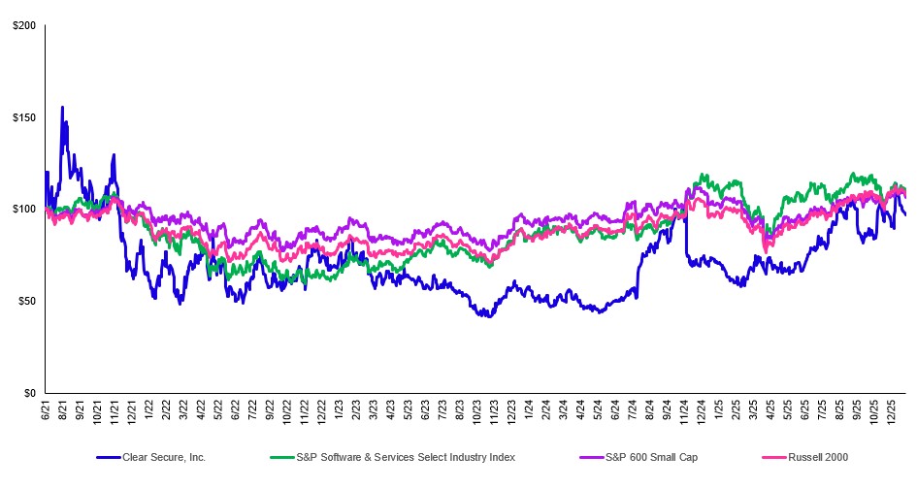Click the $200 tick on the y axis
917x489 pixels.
(23, 25)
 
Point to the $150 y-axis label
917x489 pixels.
(23, 117)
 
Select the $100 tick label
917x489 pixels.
(23, 210)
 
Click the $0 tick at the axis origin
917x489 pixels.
(29, 393)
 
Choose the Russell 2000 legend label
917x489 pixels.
(802, 455)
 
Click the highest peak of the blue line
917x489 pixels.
(62, 108)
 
